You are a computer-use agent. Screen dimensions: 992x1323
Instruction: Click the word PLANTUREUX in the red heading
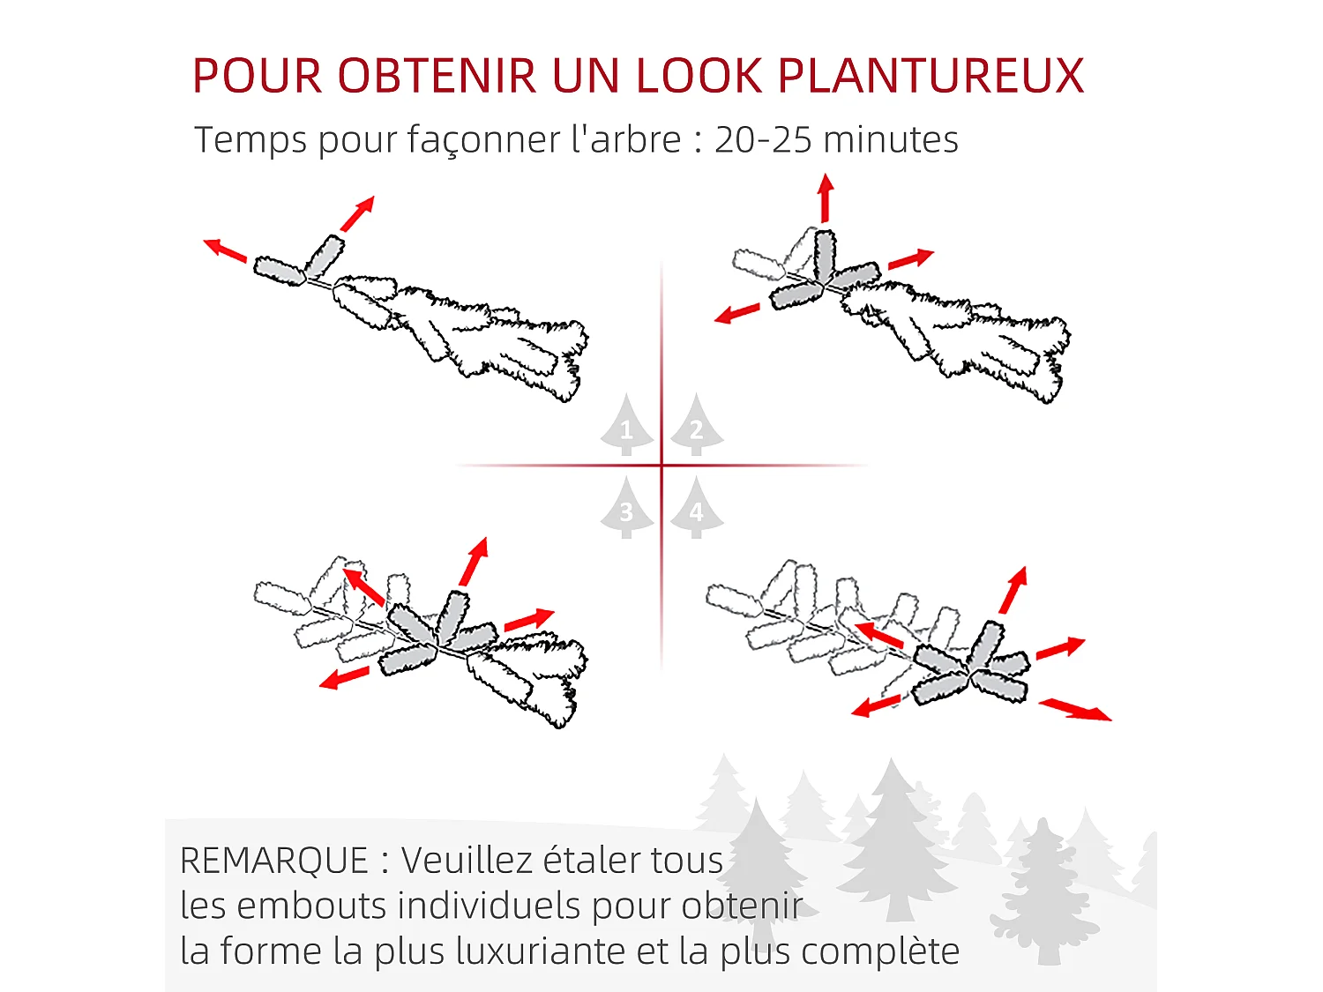point(931,76)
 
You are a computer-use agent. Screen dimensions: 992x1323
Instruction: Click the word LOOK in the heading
point(698,76)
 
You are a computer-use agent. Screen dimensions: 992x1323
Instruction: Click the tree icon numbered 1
point(626,425)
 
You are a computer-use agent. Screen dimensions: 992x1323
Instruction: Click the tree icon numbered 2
point(696,425)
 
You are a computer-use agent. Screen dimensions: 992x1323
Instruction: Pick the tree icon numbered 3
point(626,508)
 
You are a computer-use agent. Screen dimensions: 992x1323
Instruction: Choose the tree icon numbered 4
point(696,508)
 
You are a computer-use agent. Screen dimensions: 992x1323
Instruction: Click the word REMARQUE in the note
point(274,861)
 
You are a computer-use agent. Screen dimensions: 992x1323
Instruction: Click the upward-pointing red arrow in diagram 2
point(826,198)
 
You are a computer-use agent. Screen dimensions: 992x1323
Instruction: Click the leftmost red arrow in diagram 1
point(225,250)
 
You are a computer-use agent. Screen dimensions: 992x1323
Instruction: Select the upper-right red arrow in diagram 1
point(358,213)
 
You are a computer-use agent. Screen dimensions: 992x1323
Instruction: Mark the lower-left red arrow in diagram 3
point(344,677)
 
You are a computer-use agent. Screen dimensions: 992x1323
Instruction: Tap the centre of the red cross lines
point(661,465)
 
